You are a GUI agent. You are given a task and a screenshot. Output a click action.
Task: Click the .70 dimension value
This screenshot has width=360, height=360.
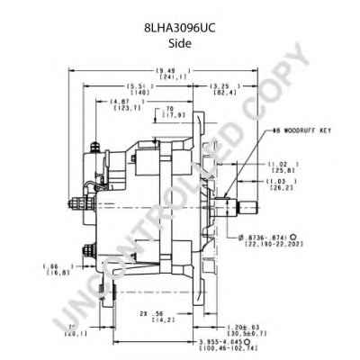[x=169, y=110]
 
